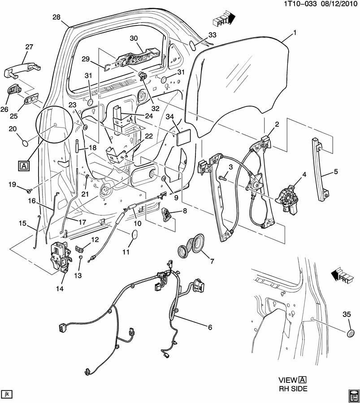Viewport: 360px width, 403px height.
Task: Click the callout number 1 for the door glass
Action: [x=295, y=32]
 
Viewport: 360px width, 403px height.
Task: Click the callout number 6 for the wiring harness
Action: [x=209, y=327]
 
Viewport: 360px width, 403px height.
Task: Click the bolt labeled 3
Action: [x=223, y=178]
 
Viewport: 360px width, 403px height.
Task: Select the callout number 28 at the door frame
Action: [x=56, y=17]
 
